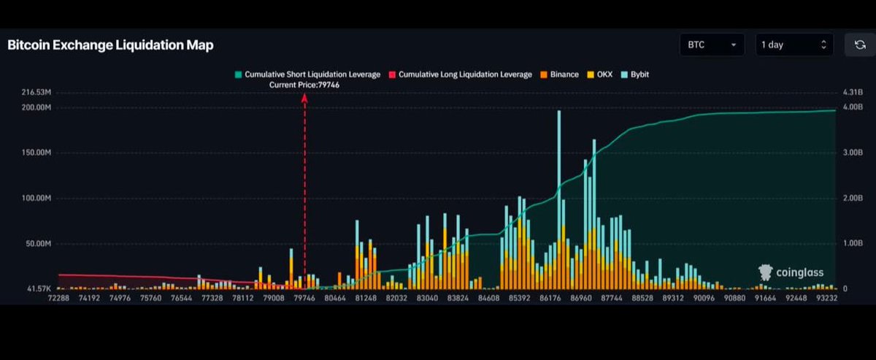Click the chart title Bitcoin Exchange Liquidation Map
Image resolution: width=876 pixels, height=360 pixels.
(x=110, y=45)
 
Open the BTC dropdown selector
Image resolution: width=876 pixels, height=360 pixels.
(x=711, y=45)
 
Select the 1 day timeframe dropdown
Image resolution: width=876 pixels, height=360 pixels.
(x=794, y=45)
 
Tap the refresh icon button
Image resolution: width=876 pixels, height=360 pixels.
(x=859, y=45)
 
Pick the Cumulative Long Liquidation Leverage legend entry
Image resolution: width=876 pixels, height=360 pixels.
(x=460, y=74)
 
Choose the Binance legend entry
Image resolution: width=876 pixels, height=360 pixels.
(x=559, y=74)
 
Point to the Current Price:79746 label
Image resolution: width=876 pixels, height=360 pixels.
(x=304, y=85)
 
